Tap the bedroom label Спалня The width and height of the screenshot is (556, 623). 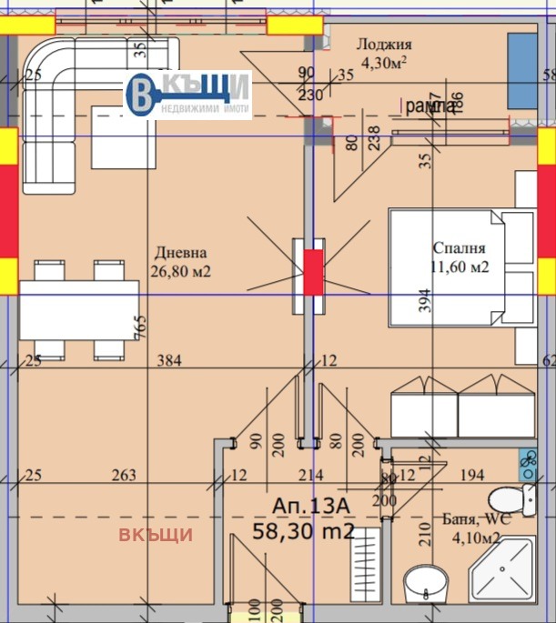459,247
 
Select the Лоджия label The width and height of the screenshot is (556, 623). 384,44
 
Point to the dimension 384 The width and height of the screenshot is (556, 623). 169,361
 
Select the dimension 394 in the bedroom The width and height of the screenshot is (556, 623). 424,301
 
